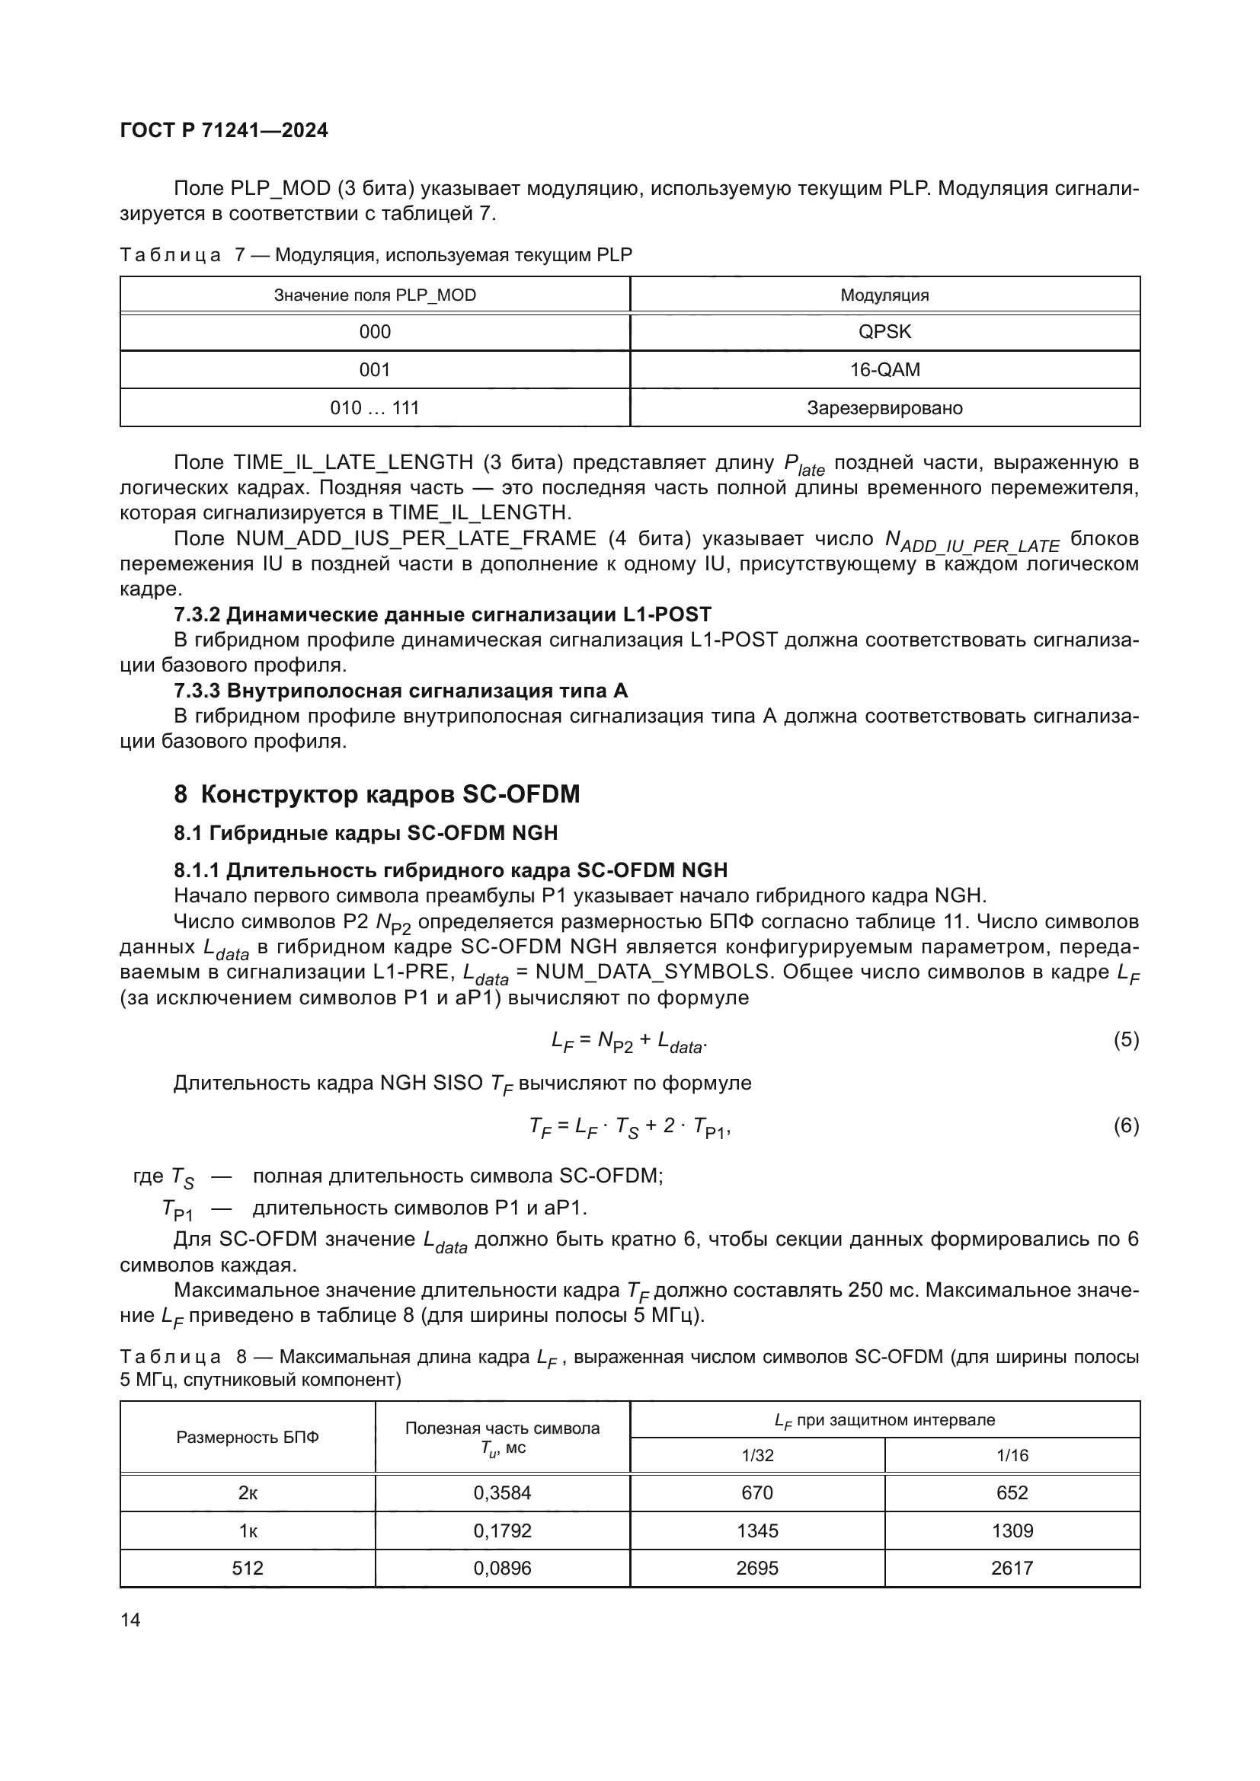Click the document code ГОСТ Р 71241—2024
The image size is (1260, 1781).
[x=224, y=130]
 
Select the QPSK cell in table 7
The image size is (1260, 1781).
[x=884, y=332]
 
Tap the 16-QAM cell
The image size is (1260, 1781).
[x=884, y=370]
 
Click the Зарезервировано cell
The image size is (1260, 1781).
[x=884, y=408]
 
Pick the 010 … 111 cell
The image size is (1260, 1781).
[x=375, y=408]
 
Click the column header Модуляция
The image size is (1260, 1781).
[x=884, y=295]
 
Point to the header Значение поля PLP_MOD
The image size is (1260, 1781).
[x=375, y=295]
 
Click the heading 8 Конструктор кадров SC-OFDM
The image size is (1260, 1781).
[x=377, y=794]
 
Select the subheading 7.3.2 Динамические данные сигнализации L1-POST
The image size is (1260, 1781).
[x=443, y=614]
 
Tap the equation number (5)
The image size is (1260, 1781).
[x=1126, y=1039]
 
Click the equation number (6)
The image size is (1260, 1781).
[x=1126, y=1125]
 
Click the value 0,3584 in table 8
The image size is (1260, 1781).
[x=502, y=1492]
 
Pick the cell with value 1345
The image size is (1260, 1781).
[x=756, y=1530]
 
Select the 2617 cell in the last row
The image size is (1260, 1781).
[x=1012, y=1568]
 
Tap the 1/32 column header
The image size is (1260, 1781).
[x=757, y=1455]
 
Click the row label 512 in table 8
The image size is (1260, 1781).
[x=248, y=1568]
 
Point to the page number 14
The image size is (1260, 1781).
[x=130, y=1620]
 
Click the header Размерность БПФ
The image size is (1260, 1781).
[x=248, y=1438]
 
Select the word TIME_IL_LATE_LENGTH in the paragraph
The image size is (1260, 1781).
[x=353, y=462]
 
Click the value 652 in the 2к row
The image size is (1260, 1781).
[x=1012, y=1492]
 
